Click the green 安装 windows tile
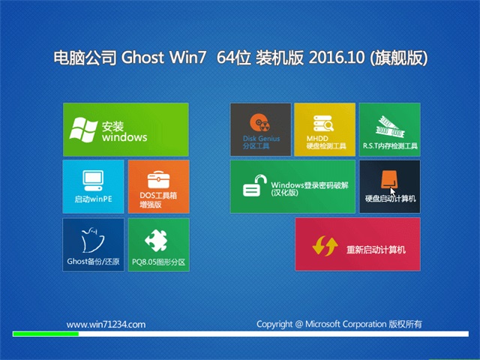[126, 130]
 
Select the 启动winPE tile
[93, 187]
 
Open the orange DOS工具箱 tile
[158, 187]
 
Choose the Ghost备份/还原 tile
[93, 244]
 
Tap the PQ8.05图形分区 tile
[158, 244]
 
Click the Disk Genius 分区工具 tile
[260, 130]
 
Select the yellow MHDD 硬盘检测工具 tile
[325, 130]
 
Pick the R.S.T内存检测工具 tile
[390, 130]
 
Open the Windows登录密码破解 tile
[292, 187]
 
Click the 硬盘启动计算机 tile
[390, 187]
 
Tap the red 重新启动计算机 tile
[358, 244]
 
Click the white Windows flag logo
[83, 130]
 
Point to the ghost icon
[91, 240]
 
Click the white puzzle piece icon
[157, 240]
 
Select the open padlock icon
[254, 185]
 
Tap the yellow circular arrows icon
[325, 245]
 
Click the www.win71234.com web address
[106, 325]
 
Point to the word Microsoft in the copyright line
[322, 324]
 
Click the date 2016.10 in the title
[337, 58]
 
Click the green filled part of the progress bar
[46, 334]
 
